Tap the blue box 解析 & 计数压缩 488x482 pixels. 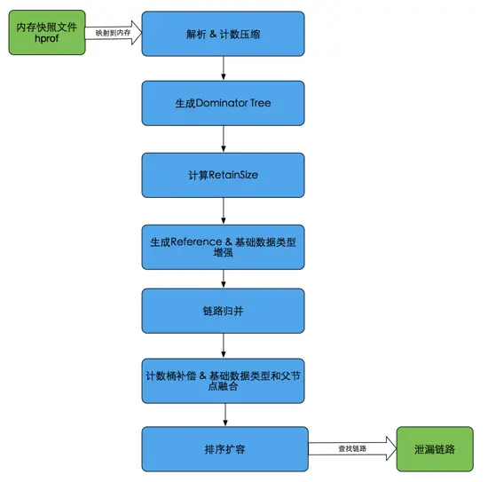pyautogui.click(x=223, y=33)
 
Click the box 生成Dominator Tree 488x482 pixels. pyautogui.click(x=223, y=103)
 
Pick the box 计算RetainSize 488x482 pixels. pyautogui.click(x=223, y=175)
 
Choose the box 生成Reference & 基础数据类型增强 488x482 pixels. pyautogui.click(x=223, y=247)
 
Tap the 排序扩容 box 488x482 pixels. pyautogui.click(x=223, y=449)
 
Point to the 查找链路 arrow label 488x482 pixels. pyautogui.click(x=351, y=449)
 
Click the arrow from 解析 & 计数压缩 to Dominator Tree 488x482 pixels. pyautogui.click(x=223, y=67)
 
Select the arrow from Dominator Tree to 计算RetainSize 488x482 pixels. pyautogui.click(x=223, y=138)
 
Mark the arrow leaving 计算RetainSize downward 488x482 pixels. pyautogui.click(x=223, y=210)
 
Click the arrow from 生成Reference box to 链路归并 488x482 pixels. pyautogui.click(x=223, y=279)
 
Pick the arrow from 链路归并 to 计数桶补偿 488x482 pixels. pyautogui.click(x=223, y=345)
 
